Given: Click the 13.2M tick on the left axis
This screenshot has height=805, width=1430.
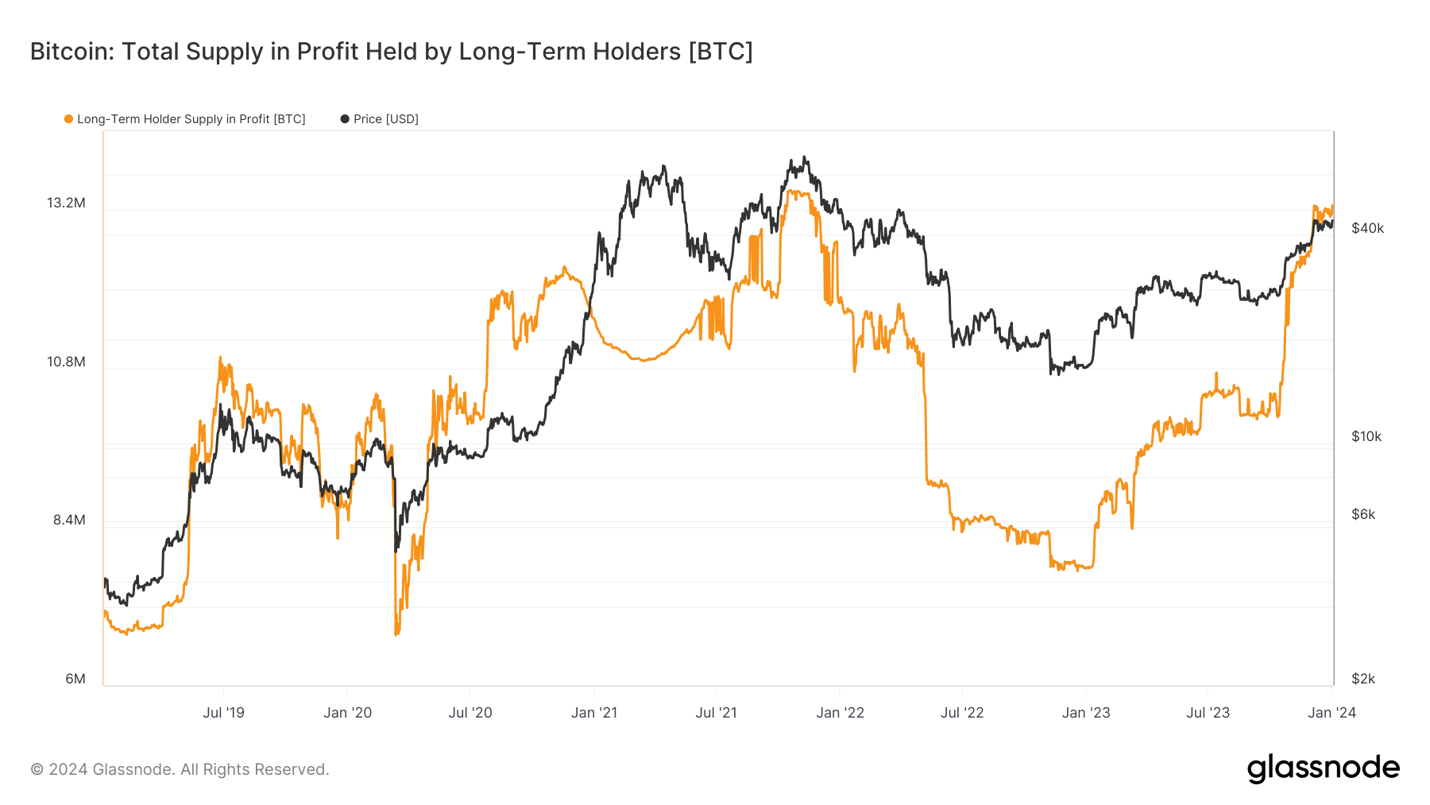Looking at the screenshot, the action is tap(66, 203).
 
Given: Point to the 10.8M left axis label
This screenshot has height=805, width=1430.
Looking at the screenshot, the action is tap(66, 362).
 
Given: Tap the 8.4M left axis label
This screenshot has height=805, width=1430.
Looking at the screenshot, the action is tap(69, 520).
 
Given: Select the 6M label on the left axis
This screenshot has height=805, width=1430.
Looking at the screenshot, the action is tap(75, 679).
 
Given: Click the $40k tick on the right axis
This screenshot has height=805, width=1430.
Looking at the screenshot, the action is tap(1367, 228).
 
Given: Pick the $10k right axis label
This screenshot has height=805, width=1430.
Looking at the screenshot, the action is tap(1366, 436).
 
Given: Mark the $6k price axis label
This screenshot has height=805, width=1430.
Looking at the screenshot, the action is tap(1363, 514).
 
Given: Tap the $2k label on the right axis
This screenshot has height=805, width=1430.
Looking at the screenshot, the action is tap(1363, 679).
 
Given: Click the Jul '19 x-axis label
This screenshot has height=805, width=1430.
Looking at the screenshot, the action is tap(224, 712).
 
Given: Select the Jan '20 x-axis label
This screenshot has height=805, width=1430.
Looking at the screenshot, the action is tap(348, 712).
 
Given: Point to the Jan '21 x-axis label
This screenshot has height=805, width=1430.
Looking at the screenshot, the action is tap(594, 712).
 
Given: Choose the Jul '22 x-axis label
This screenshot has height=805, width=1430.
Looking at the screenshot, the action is tap(962, 712).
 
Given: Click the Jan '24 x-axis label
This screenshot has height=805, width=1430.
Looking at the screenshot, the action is tap(1332, 712).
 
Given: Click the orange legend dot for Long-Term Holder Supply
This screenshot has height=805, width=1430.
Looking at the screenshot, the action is tap(69, 119).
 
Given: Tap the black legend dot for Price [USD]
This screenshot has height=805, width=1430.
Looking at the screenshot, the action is tap(345, 119).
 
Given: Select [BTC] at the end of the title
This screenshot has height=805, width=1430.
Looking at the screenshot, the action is tap(721, 51).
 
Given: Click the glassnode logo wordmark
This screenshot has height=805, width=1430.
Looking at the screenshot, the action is tap(1324, 768).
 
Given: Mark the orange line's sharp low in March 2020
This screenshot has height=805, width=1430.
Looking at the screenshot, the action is tap(396, 633).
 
